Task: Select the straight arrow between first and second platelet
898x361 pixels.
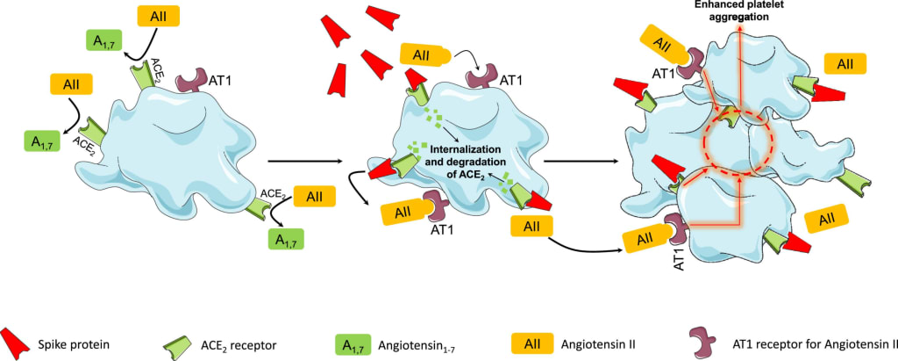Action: (x=303, y=162)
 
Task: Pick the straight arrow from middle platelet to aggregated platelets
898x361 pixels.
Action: (x=582, y=162)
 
